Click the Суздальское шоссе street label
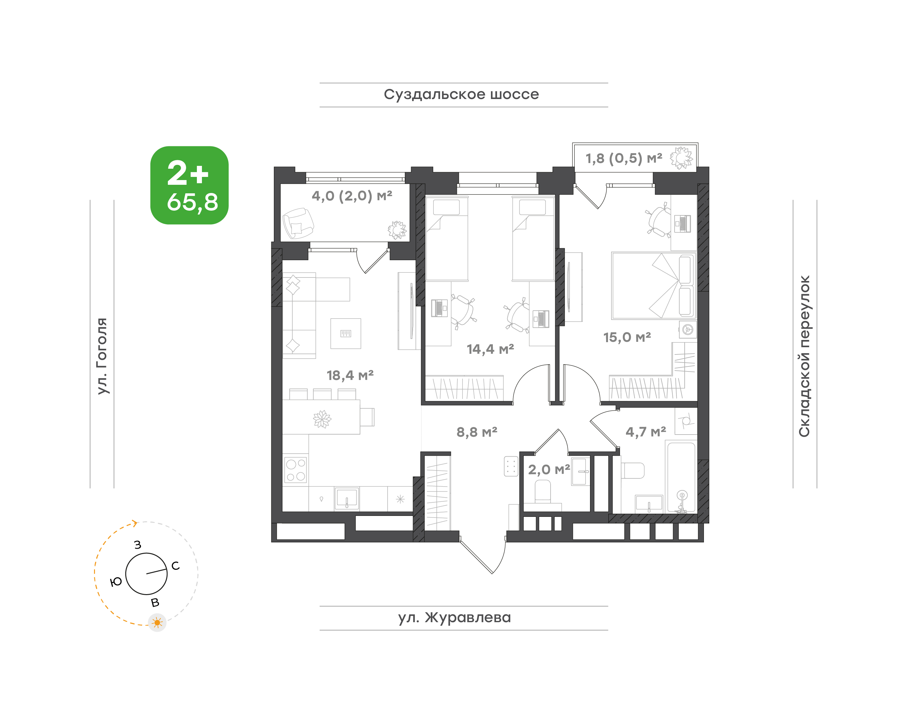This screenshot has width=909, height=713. pos(461,95)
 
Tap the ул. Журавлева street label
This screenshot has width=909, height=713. pos(454,617)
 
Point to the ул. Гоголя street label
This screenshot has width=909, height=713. pos(102,356)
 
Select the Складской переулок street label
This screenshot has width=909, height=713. pos(805,356)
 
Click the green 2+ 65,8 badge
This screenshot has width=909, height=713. pos(189,185)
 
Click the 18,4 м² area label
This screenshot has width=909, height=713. pos(350,375)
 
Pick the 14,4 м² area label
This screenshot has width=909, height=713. pos(490,349)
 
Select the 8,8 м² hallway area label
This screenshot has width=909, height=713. pos(477,432)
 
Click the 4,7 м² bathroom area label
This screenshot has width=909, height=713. pos(646,432)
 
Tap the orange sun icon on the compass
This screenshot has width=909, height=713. pos(157,623)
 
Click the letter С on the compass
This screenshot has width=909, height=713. pos(175,566)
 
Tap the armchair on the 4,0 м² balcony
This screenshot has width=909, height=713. pos(298,223)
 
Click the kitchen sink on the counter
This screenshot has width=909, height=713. pos(347,499)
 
